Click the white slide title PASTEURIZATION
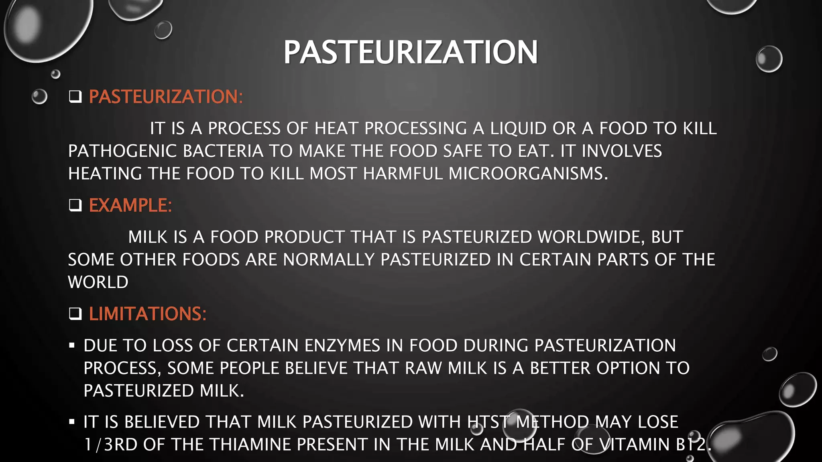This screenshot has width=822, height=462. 410,52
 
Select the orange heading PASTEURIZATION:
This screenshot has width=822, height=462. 166,97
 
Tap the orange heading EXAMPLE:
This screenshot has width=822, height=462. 130,205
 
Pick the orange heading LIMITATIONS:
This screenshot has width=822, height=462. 147,314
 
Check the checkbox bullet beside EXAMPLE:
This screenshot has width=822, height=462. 75,205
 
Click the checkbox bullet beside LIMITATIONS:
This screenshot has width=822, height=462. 75,314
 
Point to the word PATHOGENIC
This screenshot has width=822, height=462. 122,151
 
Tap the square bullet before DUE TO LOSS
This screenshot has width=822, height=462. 72,345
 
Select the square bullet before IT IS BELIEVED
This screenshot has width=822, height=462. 72,421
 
